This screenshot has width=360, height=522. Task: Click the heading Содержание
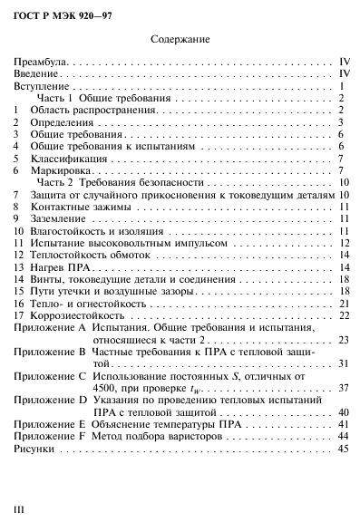point(179,40)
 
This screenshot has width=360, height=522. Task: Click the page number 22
point(344,315)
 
